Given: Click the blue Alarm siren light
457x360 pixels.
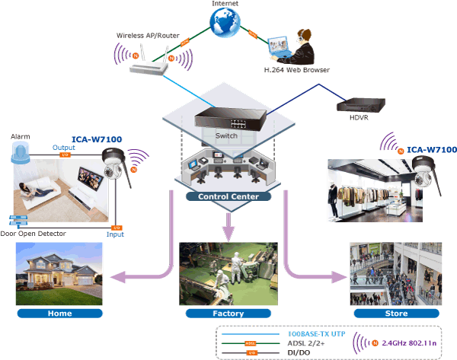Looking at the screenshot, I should click(20, 155).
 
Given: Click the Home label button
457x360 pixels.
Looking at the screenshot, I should click(59, 313).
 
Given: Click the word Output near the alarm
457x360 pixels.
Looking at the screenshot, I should click(63, 148).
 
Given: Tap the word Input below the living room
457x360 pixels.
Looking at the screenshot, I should click(115, 235).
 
